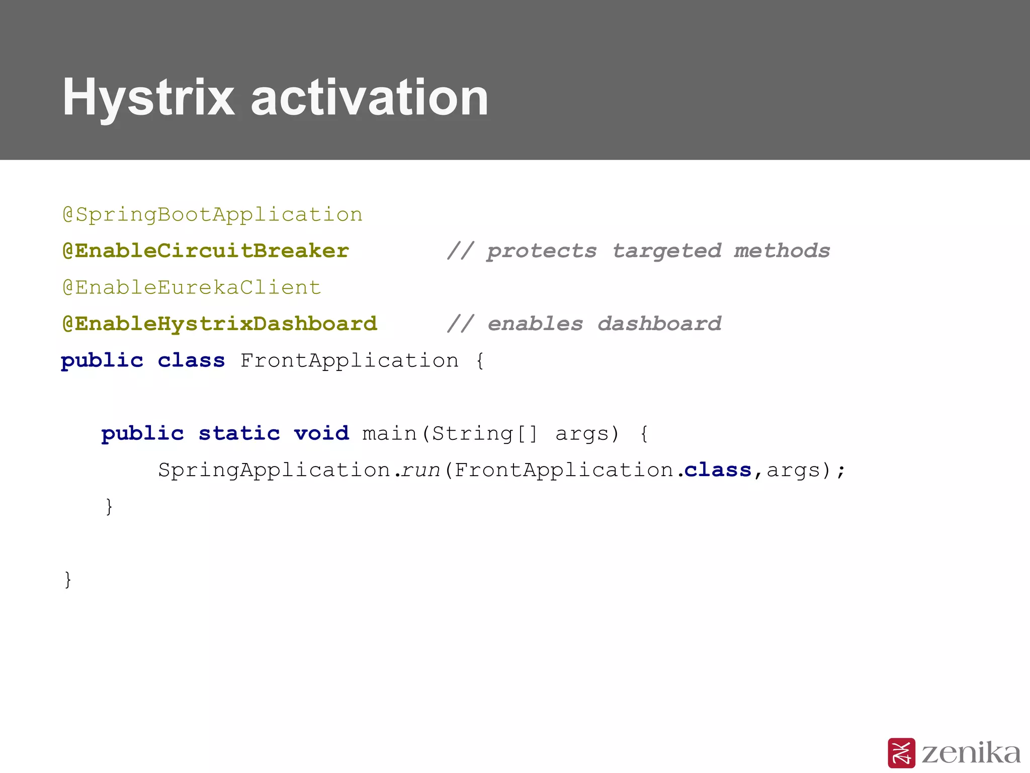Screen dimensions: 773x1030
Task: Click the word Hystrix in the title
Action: pos(148,98)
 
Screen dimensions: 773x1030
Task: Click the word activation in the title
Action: pos(370,98)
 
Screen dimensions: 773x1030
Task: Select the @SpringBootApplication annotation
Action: pos(212,215)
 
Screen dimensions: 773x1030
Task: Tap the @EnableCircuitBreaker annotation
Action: pos(206,251)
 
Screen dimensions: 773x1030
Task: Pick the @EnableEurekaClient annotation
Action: pos(192,288)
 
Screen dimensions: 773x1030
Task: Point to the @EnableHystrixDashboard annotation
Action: pos(220,324)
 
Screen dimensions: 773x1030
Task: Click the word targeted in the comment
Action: pos(667,251)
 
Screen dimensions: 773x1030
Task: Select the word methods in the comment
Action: pos(782,251)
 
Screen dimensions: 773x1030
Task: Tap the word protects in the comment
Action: pos(542,251)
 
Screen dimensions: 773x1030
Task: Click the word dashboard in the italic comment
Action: pos(659,324)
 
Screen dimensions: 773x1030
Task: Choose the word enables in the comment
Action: pos(535,324)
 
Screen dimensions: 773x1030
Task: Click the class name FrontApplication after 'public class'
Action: pos(350,361)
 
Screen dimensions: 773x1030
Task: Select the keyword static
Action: pos(239,433)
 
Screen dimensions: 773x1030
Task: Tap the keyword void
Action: pos(321,433)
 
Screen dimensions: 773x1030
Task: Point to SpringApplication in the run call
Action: pos(274,470)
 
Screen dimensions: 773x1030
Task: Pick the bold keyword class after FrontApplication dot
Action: pos(718,470)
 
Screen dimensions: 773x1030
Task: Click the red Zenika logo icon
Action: pos(901,753)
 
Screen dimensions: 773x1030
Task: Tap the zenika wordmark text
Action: pos(971,753)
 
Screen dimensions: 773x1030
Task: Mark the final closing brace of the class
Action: pos(68,580)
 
